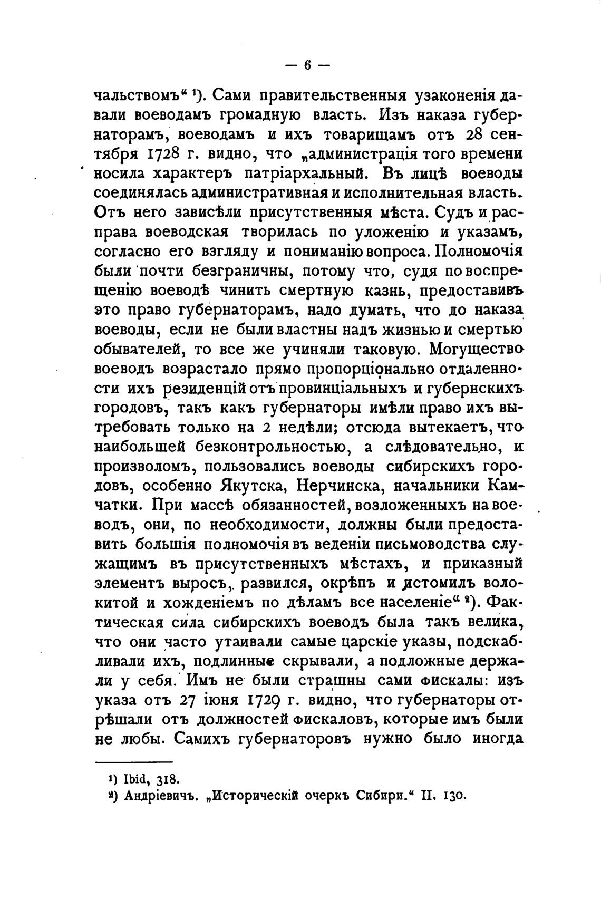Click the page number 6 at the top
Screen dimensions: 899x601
(x=307, y=65)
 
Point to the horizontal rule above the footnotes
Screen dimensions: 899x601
(x=133, y=761)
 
